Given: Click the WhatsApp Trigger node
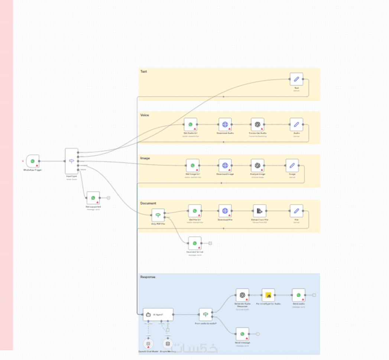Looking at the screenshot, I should tap(33, 161).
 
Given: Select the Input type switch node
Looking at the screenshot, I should tap(71, 161).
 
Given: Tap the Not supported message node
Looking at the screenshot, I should tap(93, 198).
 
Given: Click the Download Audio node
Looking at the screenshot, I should tap(225, 124).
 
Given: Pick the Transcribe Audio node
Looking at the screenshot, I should tap(257, 124).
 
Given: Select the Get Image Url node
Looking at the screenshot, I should tap(192, 166).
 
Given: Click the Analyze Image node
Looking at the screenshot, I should tap(257, 166).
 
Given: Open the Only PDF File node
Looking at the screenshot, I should tap(158, 215).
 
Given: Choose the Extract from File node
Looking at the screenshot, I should tap(259, 211).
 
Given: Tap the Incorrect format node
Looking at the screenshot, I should tap(195, 243).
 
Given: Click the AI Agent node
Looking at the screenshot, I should tap(158, 314).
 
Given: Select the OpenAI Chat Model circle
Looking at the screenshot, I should tap(148, 344).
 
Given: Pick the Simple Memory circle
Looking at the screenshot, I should tap(168, 344).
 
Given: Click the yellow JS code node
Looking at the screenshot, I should tap(268, 295).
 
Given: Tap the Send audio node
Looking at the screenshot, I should tap(298, 295).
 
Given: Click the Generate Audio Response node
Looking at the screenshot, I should tap(243, 295).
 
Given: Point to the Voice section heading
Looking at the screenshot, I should tap(145, 115).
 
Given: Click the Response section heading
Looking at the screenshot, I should tap(148, 277).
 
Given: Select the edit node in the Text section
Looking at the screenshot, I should tap(296, 79).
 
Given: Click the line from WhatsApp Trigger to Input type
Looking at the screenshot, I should tap(52, 161).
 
